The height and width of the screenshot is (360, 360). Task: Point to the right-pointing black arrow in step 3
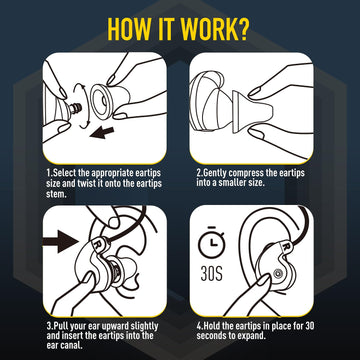[63, 239]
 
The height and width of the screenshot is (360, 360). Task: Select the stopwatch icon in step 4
[212, 243]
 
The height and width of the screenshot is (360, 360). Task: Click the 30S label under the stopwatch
[211, 273]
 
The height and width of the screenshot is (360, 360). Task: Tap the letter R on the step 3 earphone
[99, 242]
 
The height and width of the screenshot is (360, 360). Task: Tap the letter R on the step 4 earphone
[286, 246]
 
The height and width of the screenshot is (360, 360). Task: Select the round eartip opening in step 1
[102, 100]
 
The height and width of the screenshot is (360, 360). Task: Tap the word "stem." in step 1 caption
[56, 194]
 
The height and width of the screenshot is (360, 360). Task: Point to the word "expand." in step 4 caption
[253, 336]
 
